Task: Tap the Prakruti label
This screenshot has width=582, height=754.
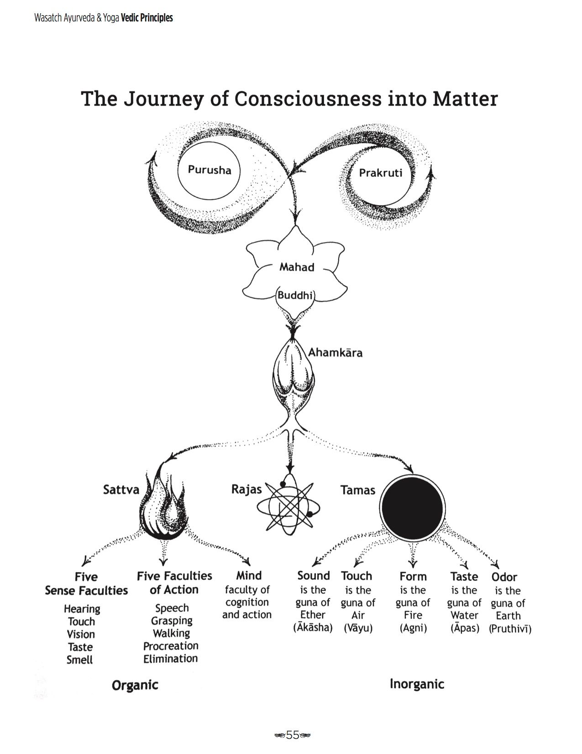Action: (x=381, y=172)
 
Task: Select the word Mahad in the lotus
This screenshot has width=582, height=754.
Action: (x=297, y=267)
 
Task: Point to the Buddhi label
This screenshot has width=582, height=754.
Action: (x=295, y=295)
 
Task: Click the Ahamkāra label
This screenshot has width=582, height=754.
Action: (x=335, y=352)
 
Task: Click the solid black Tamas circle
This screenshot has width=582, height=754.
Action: (x=412, y=507)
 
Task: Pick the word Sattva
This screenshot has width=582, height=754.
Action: (x=121, y=489)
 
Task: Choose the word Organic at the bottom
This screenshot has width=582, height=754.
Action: (x=135, y=685)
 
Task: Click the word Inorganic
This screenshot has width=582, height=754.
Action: (x=417, y=684)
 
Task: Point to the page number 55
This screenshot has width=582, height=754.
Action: (x=293, y=735)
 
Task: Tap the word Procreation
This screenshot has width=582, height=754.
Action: (x=171, y=646)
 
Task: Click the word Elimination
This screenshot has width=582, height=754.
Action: (x=171, y=658)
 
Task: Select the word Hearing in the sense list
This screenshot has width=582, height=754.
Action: (x=82, y=609)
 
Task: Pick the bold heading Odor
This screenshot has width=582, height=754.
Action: (x=504, y=577)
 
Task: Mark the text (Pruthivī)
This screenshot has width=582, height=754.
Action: (x=510, y=629)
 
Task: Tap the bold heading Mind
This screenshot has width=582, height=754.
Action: (x=249, y=576)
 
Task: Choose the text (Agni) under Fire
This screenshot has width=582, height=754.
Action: (x=413, y=628)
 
